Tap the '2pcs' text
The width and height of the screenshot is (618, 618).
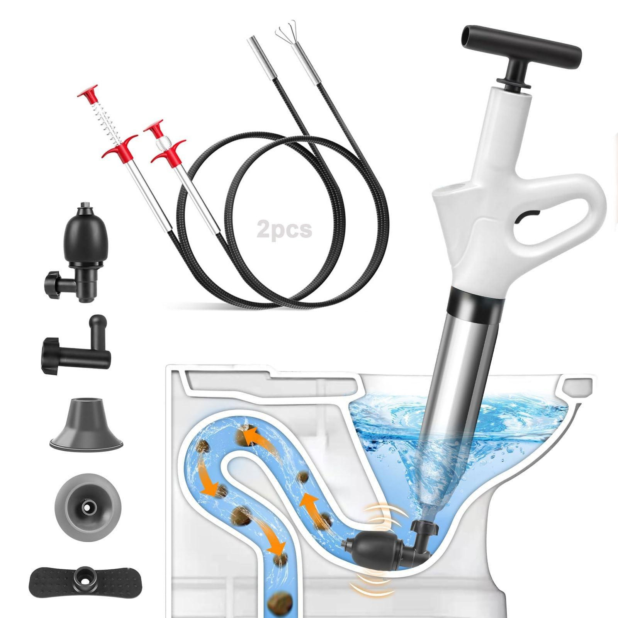pyautogui.click(x=284, y=229)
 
